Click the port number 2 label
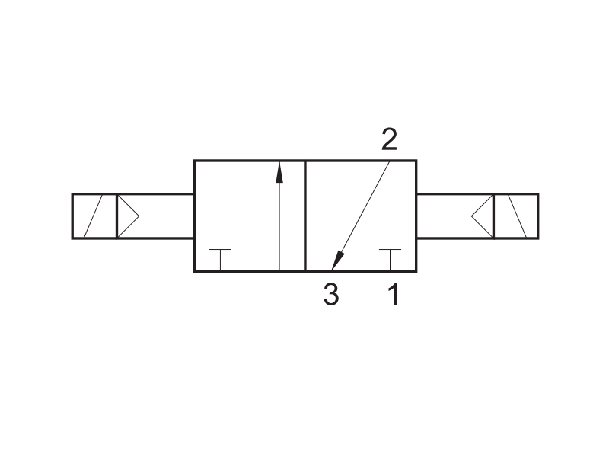point(390,139)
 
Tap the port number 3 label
point(331,294)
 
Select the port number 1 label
point(394,294)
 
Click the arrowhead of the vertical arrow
point(279,173)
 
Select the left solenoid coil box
point(94,216)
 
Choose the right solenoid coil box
point(516,216)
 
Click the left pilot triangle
point(128,216)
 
